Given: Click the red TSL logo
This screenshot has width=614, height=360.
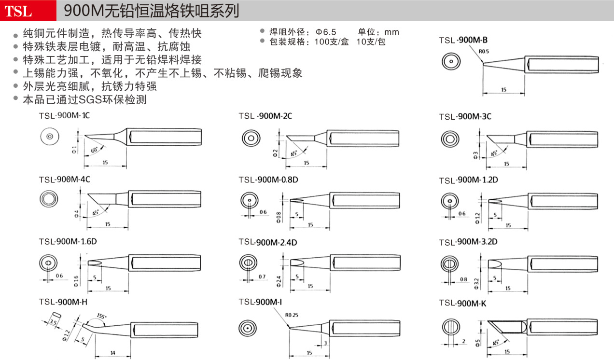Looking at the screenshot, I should point(19,11).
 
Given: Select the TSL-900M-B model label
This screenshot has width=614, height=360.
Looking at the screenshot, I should point(463,40).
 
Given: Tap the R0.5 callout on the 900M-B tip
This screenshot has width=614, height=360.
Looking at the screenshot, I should point(484,51).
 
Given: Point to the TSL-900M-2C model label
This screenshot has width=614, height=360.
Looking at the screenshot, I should point(265,116).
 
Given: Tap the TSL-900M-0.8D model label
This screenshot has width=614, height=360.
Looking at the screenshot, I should point(268,180).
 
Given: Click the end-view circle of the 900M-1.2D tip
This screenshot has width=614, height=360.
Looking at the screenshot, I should point(450,201).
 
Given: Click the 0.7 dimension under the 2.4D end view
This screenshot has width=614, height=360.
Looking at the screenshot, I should point(262,277).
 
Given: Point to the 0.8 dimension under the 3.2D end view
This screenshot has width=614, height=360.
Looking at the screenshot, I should point(463,279).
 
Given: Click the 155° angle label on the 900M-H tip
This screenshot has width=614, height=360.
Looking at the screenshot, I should point(102,316).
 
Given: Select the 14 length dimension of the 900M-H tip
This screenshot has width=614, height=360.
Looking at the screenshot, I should point(113,353).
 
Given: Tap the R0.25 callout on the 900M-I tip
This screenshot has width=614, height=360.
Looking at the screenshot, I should point(291,315).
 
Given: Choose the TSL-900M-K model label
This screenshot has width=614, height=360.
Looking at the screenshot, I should point(463,303).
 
